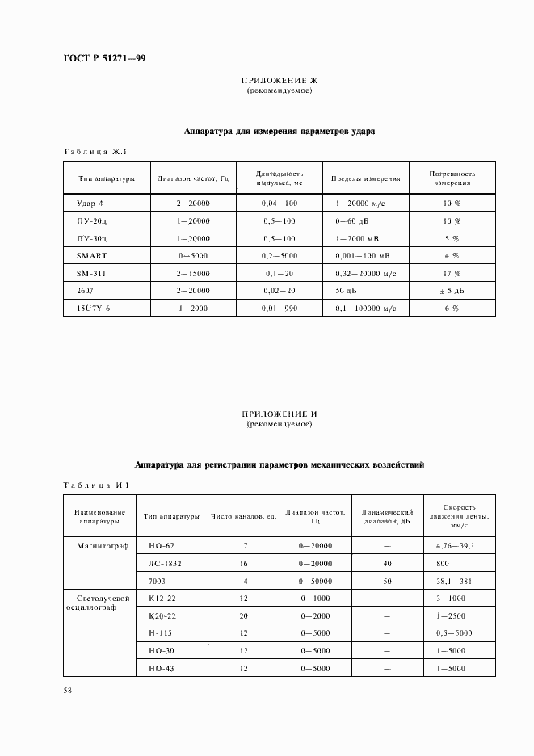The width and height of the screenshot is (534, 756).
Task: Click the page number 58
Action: pyautogui.click(x=69, y=691)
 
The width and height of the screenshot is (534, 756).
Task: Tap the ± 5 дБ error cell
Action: pyautogui.click(x=452, y=291)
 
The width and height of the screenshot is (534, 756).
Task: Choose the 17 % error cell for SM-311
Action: pyautogui.click(x=452, y=273)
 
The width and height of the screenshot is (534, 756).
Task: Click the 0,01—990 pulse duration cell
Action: pyautogui.click(x=280, y=308)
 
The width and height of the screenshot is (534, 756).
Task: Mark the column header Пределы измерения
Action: pyautogui.click(x=366, y=178)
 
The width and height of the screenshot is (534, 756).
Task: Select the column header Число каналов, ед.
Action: pyautogui.click(x=244, y=516)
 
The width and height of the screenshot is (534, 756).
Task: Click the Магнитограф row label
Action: pyautogui.click(x=98, y=546)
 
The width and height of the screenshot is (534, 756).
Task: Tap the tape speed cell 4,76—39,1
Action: pyautogui.click(x=455, y=546)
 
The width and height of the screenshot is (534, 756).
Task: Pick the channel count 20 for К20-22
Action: pyautogui.click(x=244, y=615)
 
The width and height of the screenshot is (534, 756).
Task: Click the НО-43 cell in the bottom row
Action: pyautogui.click(x=162, y=668)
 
